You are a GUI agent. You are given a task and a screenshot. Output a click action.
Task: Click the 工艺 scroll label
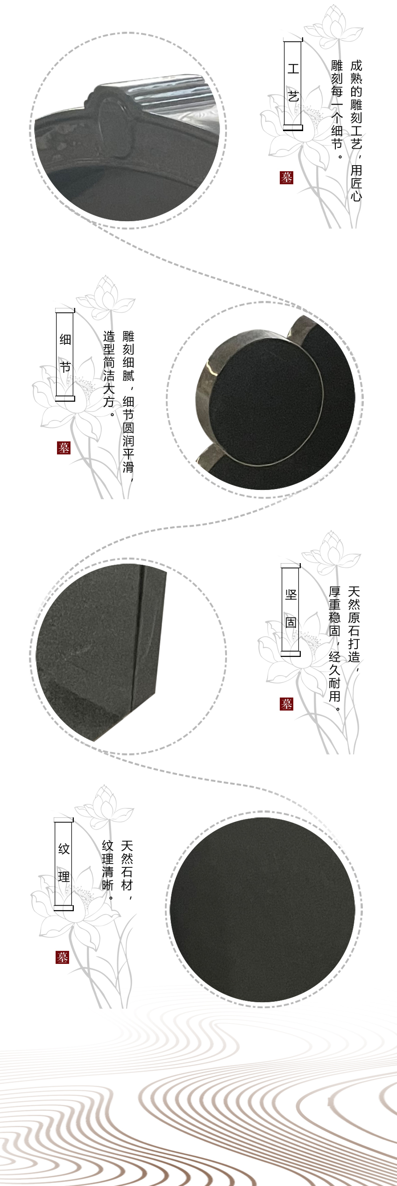tap(293, 84)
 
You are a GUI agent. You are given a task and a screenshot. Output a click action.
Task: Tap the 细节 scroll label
tap(65, 354)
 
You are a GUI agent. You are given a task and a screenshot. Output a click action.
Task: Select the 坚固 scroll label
tap(291, 609)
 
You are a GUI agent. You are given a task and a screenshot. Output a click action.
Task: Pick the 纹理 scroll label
tap(64, 864)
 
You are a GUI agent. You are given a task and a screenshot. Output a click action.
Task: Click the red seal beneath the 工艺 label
tap(286, 178)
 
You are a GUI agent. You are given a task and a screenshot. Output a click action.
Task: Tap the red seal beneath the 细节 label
tap(64, 448)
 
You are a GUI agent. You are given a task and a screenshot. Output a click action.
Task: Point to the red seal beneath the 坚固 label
tap(286, 704)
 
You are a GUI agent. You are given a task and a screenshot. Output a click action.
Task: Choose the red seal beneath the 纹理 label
tap(63, 957)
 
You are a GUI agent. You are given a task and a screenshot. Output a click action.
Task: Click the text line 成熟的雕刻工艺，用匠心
tap(356, 131)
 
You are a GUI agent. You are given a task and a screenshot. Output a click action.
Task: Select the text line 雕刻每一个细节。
tap(337, 110)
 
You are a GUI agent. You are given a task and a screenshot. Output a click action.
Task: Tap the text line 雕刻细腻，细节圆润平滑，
tap(128, 401)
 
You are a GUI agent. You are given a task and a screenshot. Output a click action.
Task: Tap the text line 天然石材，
tap(127, 865)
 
